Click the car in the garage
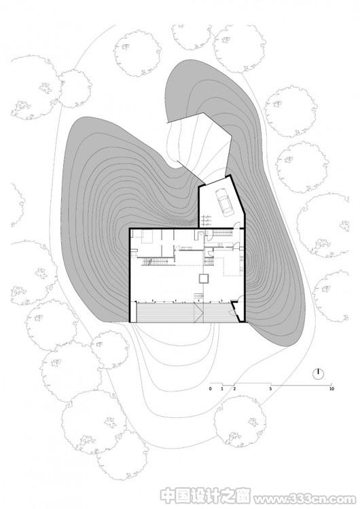click(x=224, y=202)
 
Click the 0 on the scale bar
click(x=210, y=389)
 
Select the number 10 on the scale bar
click(x=331, y=389)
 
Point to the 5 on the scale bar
click(x=270, y=389)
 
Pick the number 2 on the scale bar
click(x=234, y=389)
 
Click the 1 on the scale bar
click(x=222, y=389)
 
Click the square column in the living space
click(x=204, y=278)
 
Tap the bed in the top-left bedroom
click(x=147, y=236)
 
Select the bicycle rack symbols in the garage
click(x=205, y=220)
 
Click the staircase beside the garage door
click(x=223, y=232)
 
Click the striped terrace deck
click(x=185, y=313)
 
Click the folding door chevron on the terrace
click(x=199, y=313)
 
